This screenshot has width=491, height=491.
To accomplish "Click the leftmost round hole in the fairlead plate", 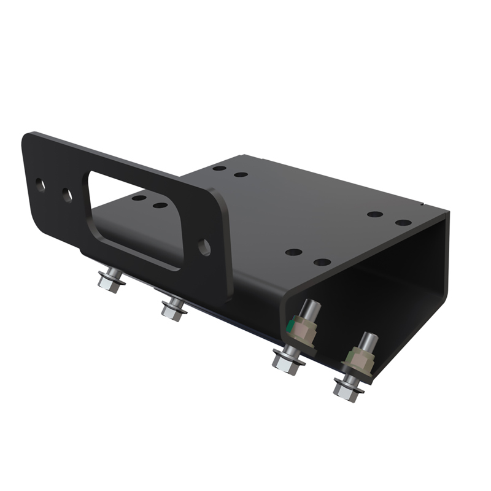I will (x=40, y=185).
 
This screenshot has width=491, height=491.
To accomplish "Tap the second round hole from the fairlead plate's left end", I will (x=66, y=196).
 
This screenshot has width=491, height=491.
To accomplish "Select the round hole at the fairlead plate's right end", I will (x=204, y=247).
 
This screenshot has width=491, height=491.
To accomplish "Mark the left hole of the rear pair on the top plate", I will (x=219, y=168).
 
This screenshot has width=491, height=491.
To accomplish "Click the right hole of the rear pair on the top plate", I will (x=241, y=174).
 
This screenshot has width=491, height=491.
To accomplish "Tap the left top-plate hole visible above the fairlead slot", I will (x=139, y=198).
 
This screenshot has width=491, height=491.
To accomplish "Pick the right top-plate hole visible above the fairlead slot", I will (x=160, y=205).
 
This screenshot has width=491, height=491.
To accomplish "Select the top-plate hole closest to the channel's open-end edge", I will (x=403, y=222).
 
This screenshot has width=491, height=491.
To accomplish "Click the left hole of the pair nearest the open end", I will (x=375, y=215).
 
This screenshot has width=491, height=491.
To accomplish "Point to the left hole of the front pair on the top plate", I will (x=294, y=252).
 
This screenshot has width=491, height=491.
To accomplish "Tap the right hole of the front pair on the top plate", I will (x=322, y=262).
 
